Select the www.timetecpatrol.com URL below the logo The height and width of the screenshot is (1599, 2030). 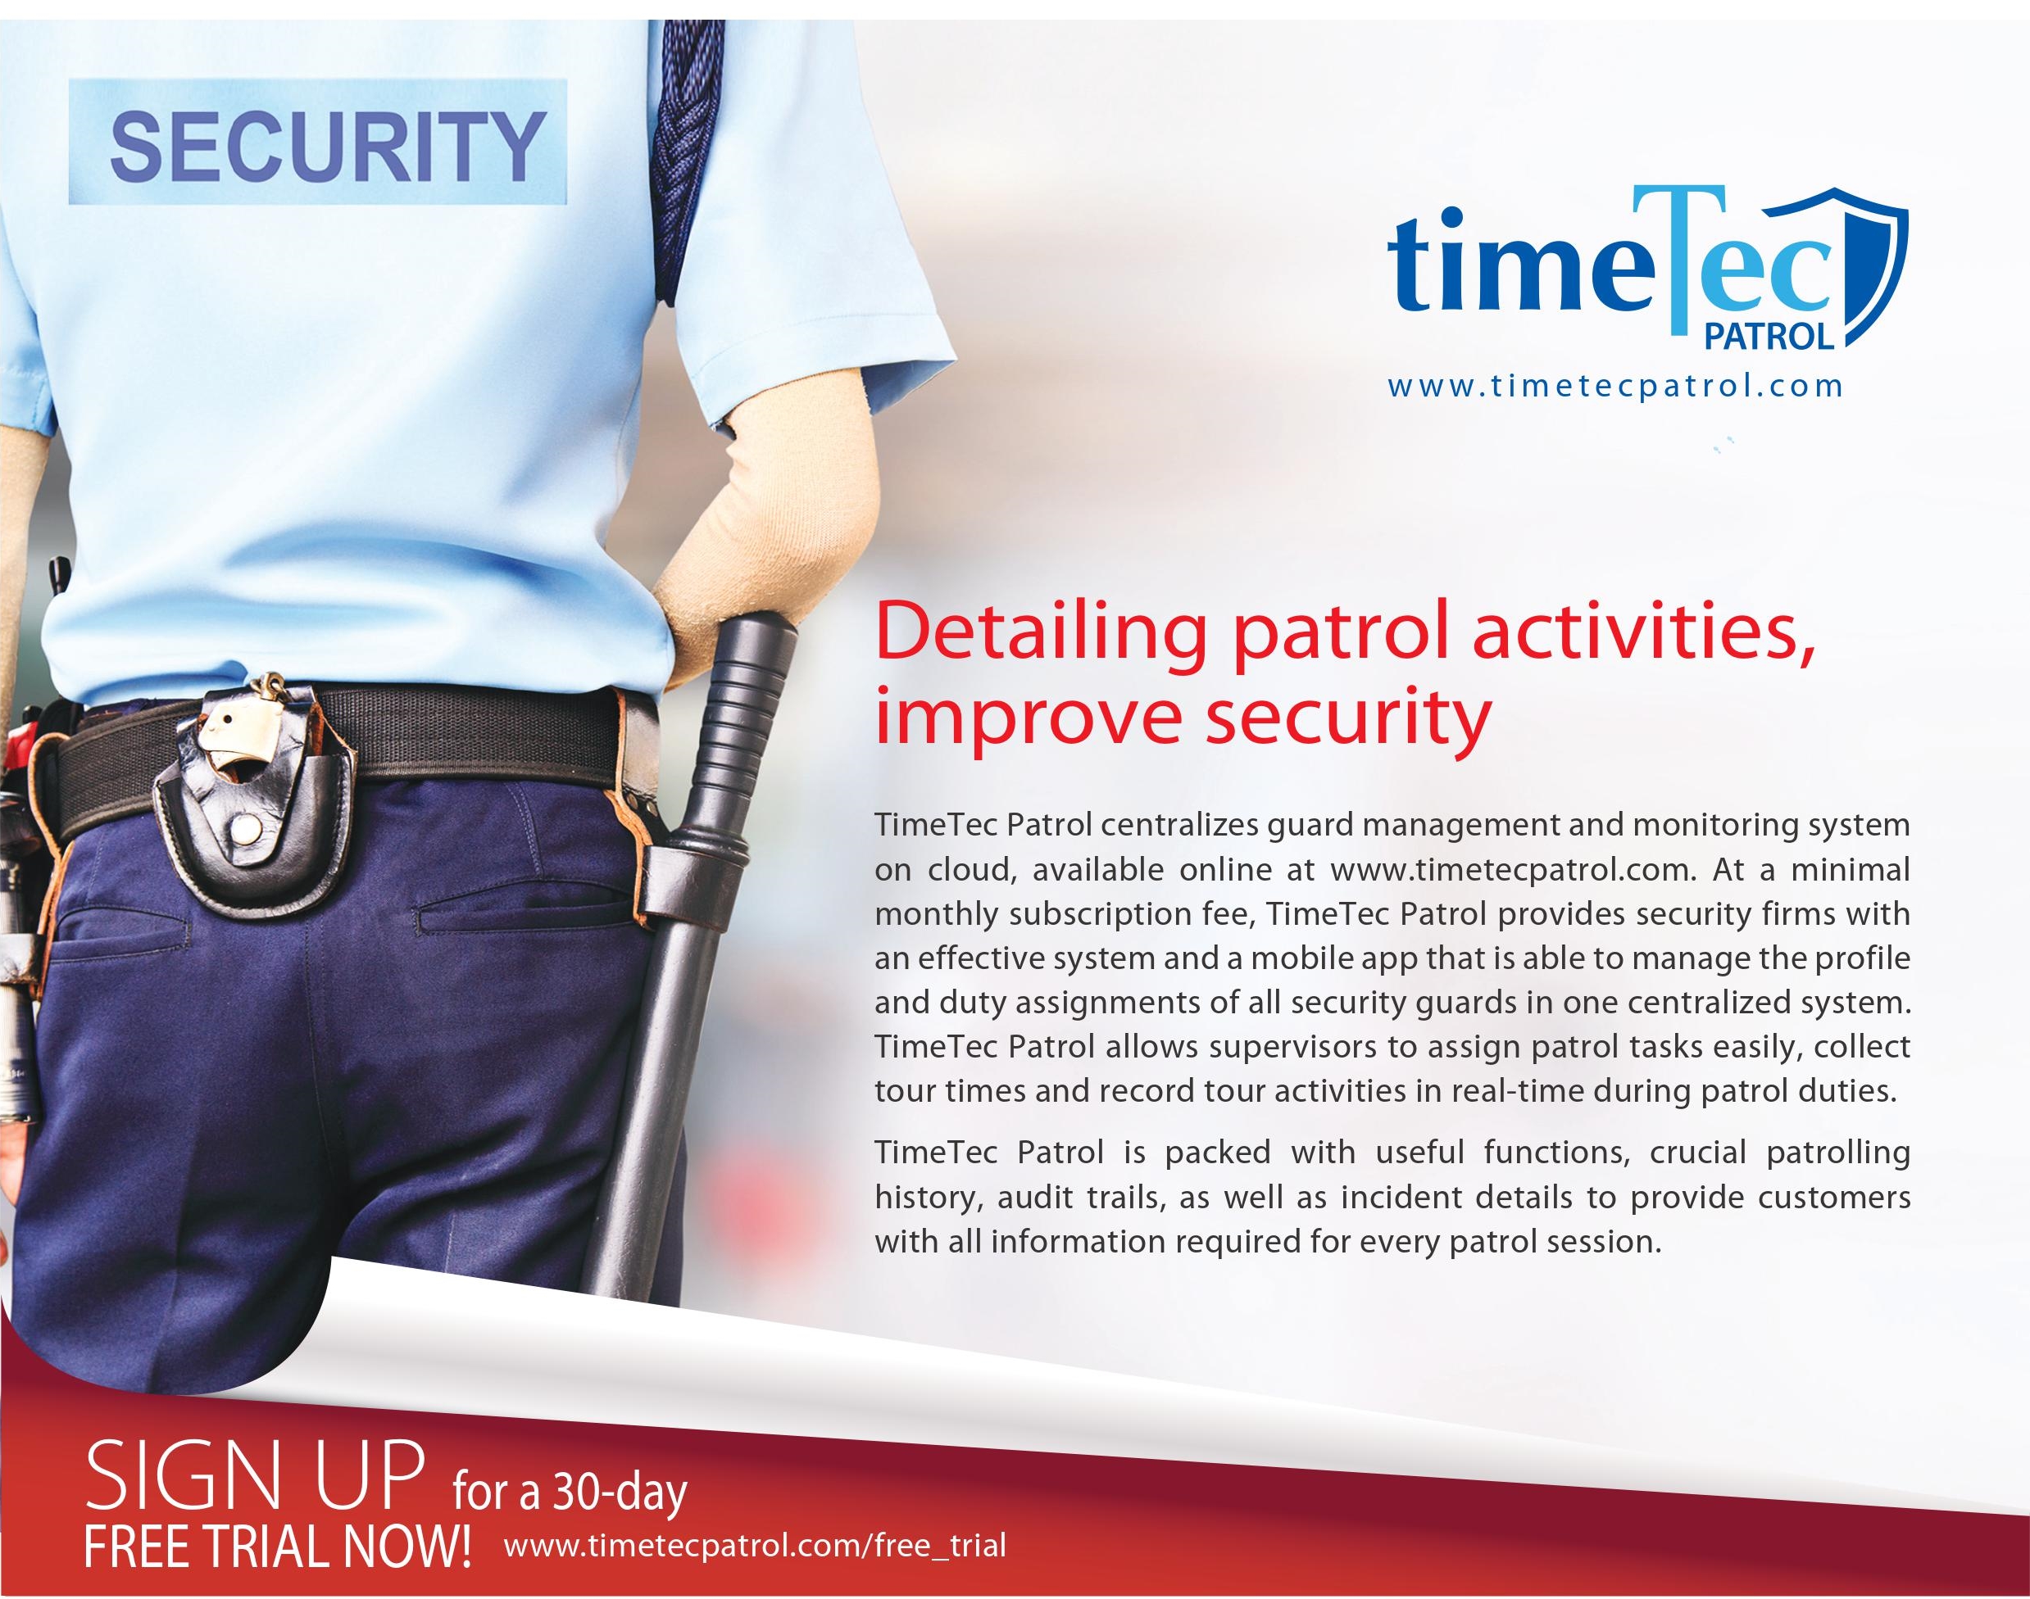click(1615, 386)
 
